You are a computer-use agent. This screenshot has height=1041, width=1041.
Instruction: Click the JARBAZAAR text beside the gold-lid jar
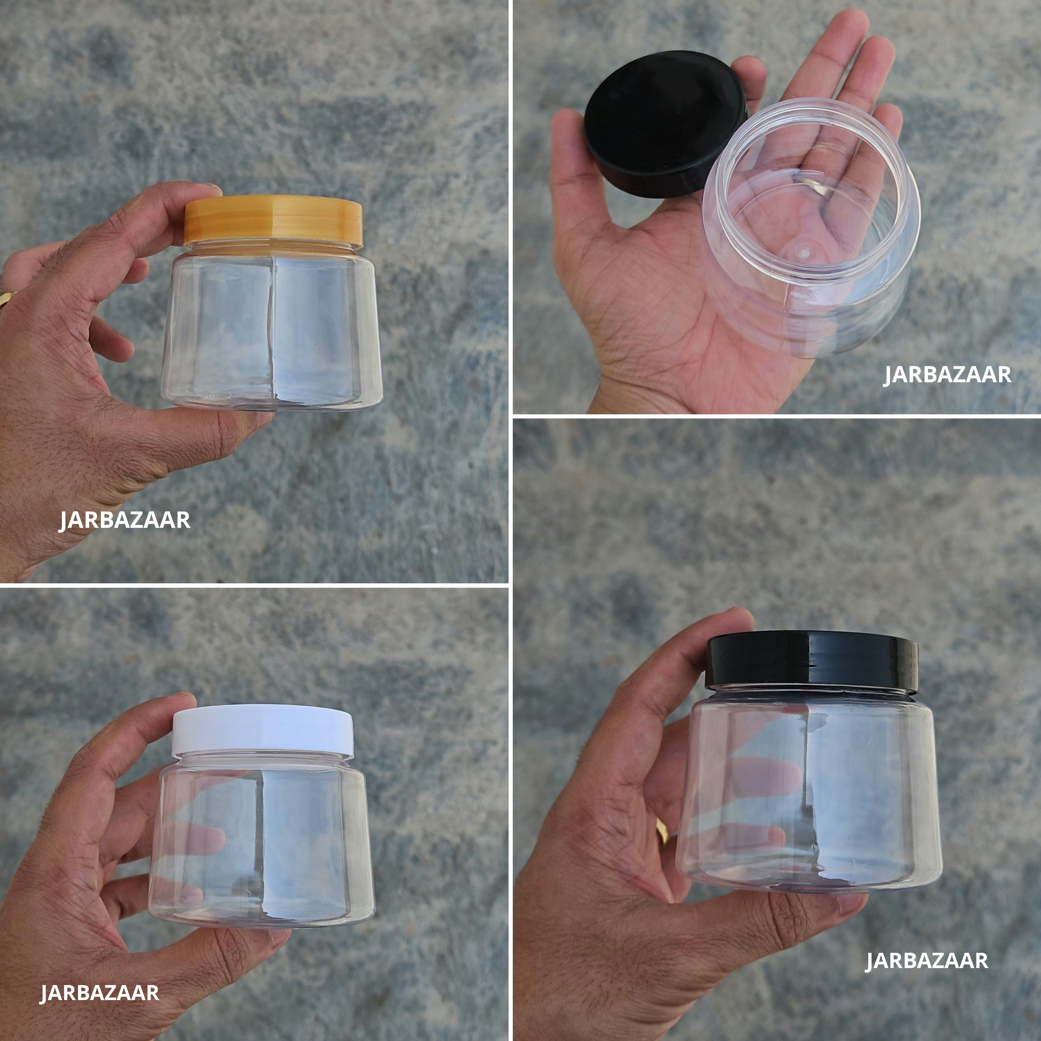pos(125,520)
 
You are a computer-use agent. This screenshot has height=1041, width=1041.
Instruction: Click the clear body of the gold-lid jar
pos(272,329)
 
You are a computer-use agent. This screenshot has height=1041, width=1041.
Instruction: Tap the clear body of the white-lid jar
pos(262,840)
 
